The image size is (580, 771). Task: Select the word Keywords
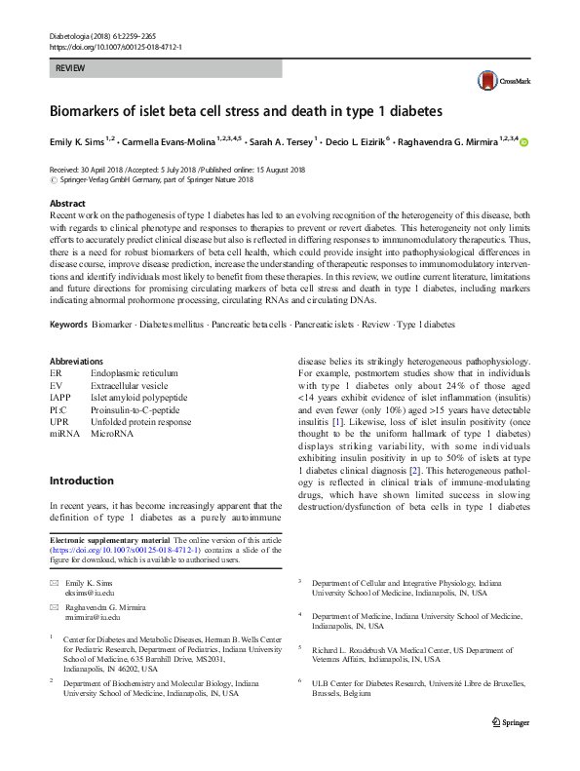[70, 324]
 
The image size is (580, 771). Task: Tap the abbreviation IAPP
[60, 397]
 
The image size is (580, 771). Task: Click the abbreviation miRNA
[65, 434]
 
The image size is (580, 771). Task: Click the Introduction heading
[81, 481]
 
